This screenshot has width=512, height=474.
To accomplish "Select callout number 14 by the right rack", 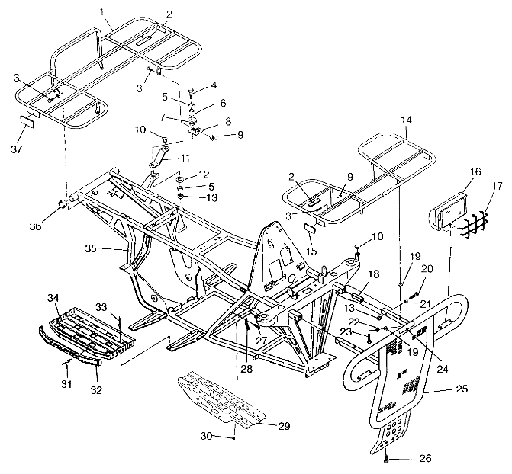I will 405,120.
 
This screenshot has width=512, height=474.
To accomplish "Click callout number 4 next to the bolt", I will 214,85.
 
